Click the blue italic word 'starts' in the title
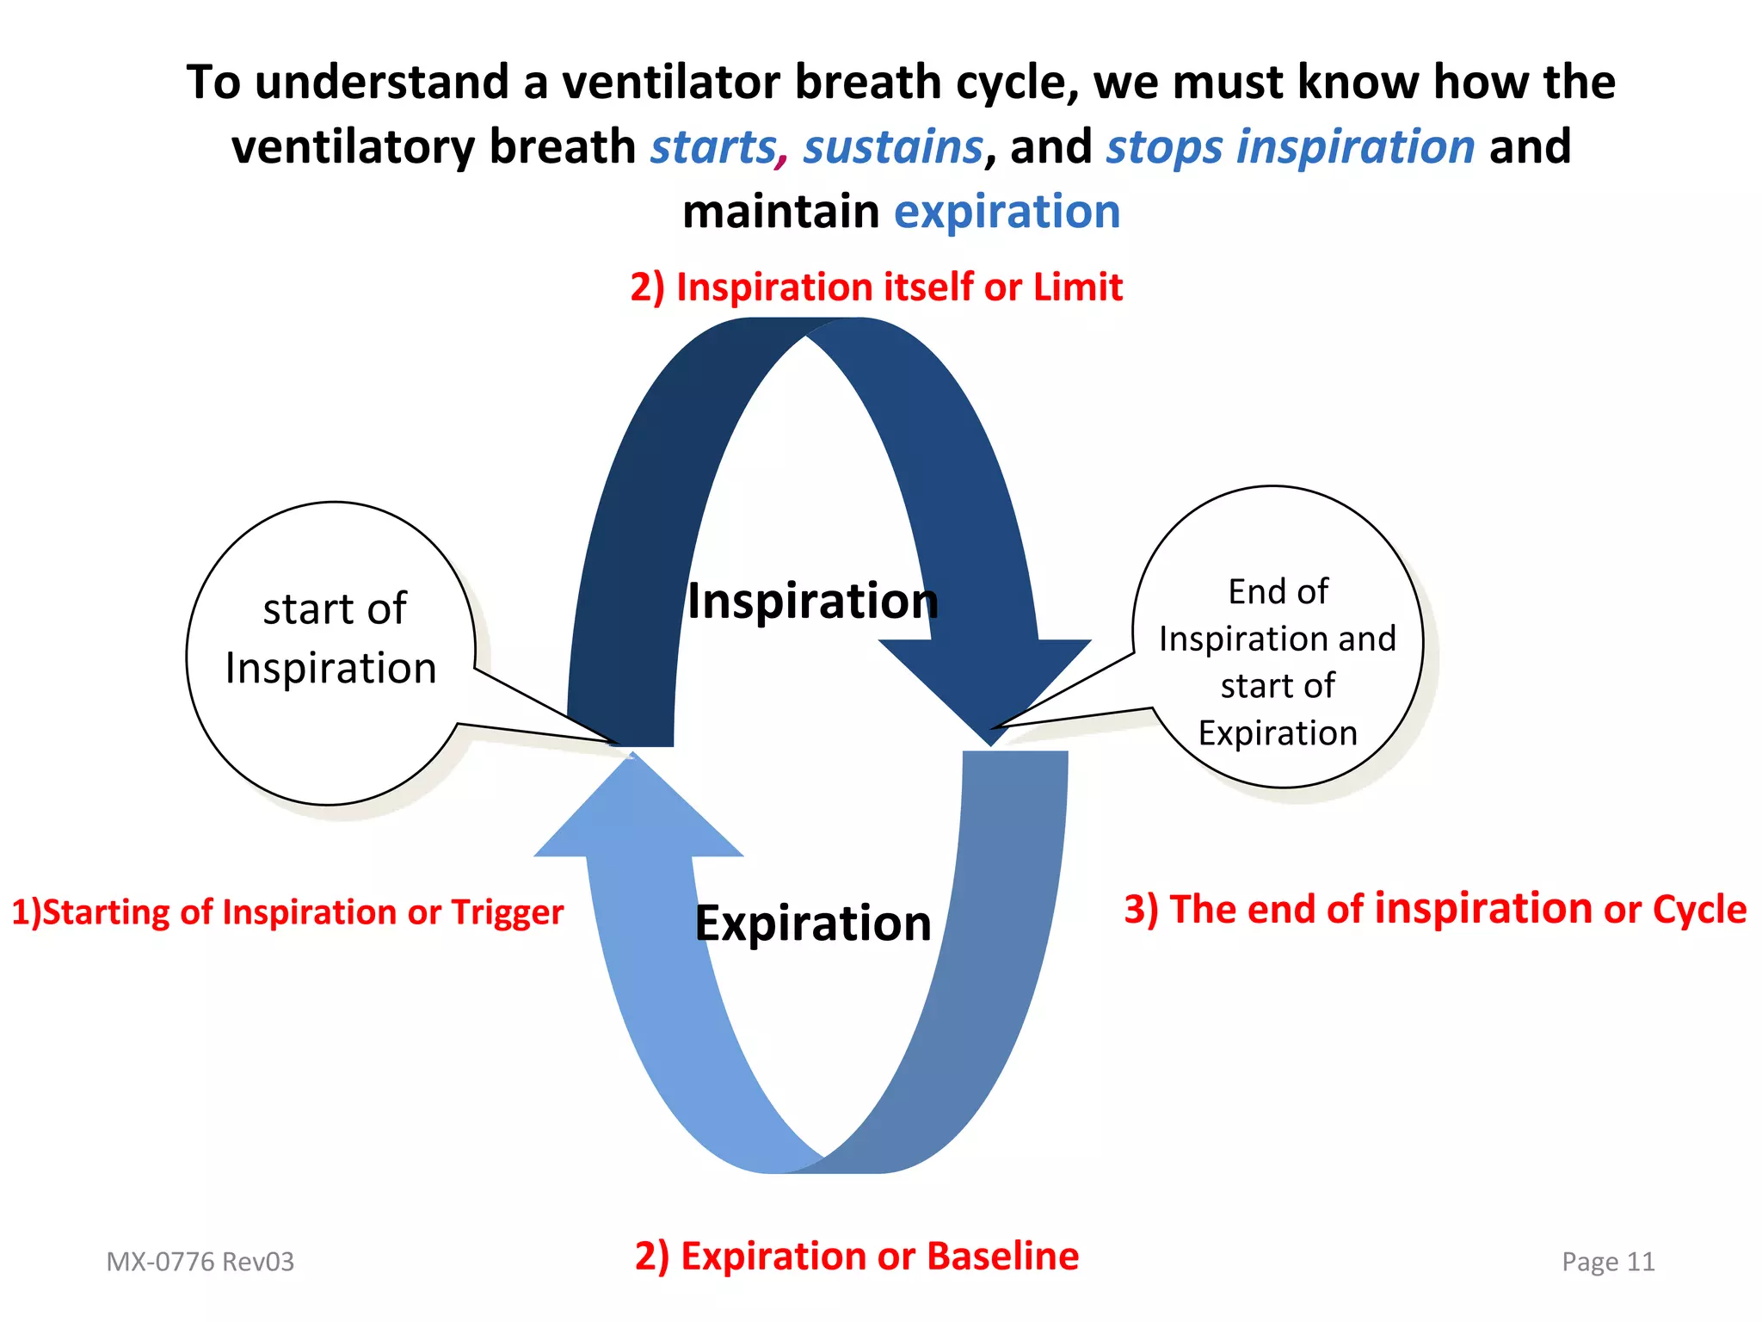point(713,147)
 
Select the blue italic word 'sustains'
point(892,147)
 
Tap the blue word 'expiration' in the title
point(1007,212)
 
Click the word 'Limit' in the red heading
point(1077,287)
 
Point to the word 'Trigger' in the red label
point(507,912)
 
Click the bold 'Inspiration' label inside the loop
point(812,601)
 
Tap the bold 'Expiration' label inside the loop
point(812,924)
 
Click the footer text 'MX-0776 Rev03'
point(200,1262)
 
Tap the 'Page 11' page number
point(1608,1262)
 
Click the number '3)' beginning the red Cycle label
point(1142,910)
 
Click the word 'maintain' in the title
point(780,212)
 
